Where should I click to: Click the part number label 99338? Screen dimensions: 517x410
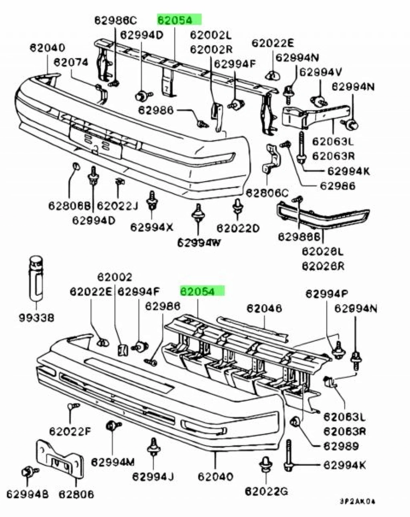(x=36, y=318)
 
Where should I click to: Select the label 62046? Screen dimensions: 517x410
(x=264, y=308)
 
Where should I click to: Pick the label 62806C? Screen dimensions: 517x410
(x=267, y=193)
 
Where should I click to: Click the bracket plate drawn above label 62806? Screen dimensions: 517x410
(x=60, y=459)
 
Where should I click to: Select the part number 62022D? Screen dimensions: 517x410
(x=238, y=228)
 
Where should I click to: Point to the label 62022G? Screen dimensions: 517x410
(x=266, y=491)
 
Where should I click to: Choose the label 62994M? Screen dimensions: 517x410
(x=113, y=462)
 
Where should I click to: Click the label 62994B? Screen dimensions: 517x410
(x=27, y=495)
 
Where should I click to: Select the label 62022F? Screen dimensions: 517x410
(x=70, y=431)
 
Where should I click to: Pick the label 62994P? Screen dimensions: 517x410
(x=327, y=294)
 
